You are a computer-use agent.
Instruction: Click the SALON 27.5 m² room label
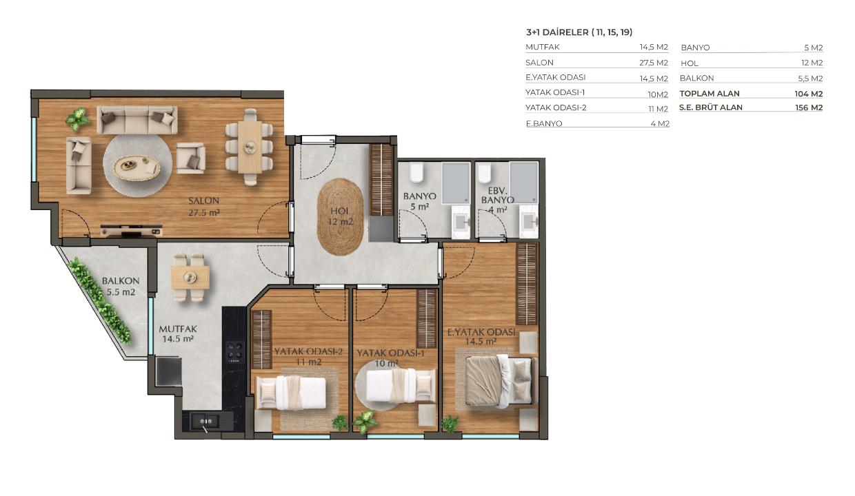pos(204,206)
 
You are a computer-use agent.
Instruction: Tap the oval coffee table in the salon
pos(137,167)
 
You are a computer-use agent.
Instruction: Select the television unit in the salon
pos(131,230)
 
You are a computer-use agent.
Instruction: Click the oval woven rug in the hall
pos(340,216)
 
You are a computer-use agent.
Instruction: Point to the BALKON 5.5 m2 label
pos(121,287)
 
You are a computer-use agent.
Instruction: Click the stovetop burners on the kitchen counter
pos(234,351)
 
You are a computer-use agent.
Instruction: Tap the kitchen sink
pos(205,421)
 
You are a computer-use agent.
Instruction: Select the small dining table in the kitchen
pos(190,277)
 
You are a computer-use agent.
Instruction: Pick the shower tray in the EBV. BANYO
pos(524,183)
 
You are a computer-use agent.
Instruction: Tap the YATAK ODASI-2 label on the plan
pos(308,356)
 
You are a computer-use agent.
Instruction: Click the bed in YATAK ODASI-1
pos(401,384)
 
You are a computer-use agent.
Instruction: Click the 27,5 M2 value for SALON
pos(654,63)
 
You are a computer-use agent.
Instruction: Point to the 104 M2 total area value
pos(808,94)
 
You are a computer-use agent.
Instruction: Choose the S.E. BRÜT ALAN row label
pos(711,107)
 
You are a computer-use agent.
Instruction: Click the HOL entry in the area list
pos(690,63)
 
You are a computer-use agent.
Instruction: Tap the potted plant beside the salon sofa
pos(78,119)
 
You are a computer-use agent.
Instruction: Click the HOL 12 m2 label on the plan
pos(340,216)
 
